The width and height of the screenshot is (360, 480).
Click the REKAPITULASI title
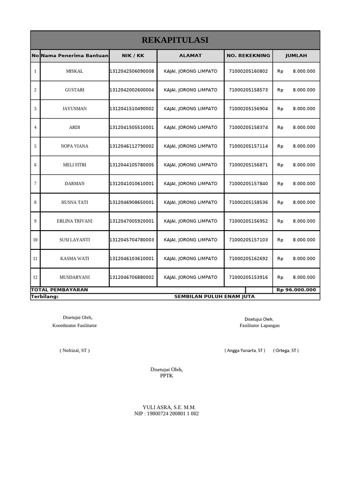[x=175, y=40]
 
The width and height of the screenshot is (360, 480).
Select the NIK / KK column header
[x=133, y=56]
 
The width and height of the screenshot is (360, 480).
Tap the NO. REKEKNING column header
[x=248, y=56]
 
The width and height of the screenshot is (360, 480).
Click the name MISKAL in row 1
[x=75, y=71]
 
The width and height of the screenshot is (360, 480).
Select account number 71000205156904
[x=248, y=109]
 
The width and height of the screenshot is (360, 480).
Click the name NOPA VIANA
[x=75, y=146]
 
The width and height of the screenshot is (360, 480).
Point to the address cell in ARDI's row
[x=190, y=127]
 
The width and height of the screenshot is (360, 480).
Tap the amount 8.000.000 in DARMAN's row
[x=304, y=184]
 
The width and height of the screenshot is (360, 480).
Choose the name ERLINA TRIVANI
[x=75, y=221]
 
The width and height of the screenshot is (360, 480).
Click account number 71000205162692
[x=248, y=259]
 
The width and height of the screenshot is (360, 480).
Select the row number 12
[x=35, y=277]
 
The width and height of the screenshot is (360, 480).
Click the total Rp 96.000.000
[x=296, y=290]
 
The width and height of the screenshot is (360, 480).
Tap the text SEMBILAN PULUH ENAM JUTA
[x=214, y=297]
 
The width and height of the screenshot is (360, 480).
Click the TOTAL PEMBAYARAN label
[x=60, y=290]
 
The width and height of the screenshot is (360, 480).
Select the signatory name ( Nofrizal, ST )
[x=75, y=351]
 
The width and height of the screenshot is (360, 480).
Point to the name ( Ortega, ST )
[x=285, y=351]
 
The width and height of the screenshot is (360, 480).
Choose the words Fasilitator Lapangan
[x=259, y=326]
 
